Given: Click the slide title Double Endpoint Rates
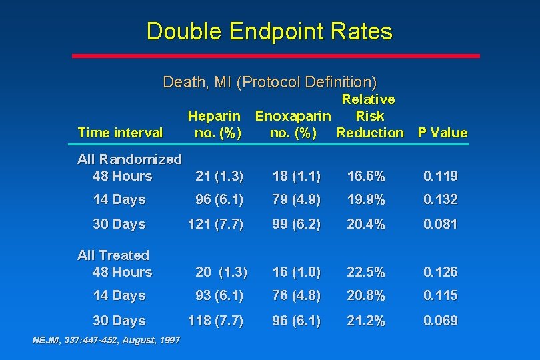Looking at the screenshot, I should coord(269,31).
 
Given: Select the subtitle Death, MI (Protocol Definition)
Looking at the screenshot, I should coord(269,82).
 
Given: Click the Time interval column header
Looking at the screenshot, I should coord(120,132).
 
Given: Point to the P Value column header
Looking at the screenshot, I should coord(443,132).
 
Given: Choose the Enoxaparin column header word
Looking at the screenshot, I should coord(293,116).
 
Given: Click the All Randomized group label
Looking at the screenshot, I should coord(129,159).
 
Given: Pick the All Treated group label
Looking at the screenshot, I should coord(113,255).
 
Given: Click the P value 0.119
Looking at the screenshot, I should coord(441,177).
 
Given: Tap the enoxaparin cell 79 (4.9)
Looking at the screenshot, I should coord(296,200).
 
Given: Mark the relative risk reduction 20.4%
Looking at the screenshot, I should coord(366,225).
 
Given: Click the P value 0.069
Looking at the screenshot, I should coord(441,321).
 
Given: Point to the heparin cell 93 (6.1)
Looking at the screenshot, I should coord(219,296).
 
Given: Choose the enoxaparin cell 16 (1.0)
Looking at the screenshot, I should coord(296,273).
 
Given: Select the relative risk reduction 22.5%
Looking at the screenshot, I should coord(366,273).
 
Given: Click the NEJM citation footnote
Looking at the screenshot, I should coord(106,341).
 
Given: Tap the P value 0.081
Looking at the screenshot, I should coord(441,225).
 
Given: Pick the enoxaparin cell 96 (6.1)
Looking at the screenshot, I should coord(296,321).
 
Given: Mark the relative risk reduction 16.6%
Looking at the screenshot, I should coord(366,177).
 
